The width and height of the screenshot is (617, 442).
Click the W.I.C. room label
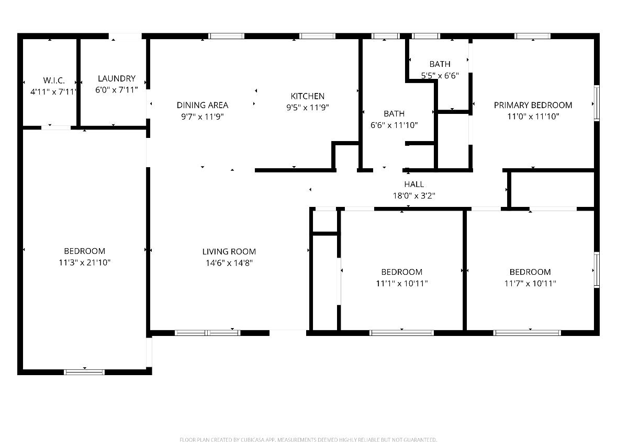pos(54,80)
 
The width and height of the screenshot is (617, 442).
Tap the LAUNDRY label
pos(117,78)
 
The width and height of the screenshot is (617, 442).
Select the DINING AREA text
pos(202,106)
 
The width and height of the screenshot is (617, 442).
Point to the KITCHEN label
pos(308,96)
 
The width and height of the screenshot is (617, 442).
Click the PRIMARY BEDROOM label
pos(533,106)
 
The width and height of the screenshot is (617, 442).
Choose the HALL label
pos(414,184)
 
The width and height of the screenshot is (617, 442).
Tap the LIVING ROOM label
pos(229,252)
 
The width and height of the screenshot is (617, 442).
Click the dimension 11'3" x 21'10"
pos(85,263)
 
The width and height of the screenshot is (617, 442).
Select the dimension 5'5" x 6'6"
pos(440,75)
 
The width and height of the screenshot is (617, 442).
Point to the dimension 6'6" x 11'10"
pos(394,125)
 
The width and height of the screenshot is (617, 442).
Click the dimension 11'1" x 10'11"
pos(402,284)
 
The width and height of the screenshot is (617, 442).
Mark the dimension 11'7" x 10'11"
pos(530,284)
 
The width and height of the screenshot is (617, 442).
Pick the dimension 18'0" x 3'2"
pos(414,195)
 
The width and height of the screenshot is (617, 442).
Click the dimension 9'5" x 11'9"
pos(308,108)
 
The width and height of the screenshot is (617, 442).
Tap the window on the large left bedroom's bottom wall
pos(84,371)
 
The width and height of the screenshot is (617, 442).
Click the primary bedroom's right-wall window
pos(597,103)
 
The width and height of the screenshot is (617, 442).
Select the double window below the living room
pos(207,333)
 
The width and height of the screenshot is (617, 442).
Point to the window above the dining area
pos(226,36)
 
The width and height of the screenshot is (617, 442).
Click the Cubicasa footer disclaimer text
pos(308,439)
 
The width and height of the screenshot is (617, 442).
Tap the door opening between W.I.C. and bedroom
pos(56,127)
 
